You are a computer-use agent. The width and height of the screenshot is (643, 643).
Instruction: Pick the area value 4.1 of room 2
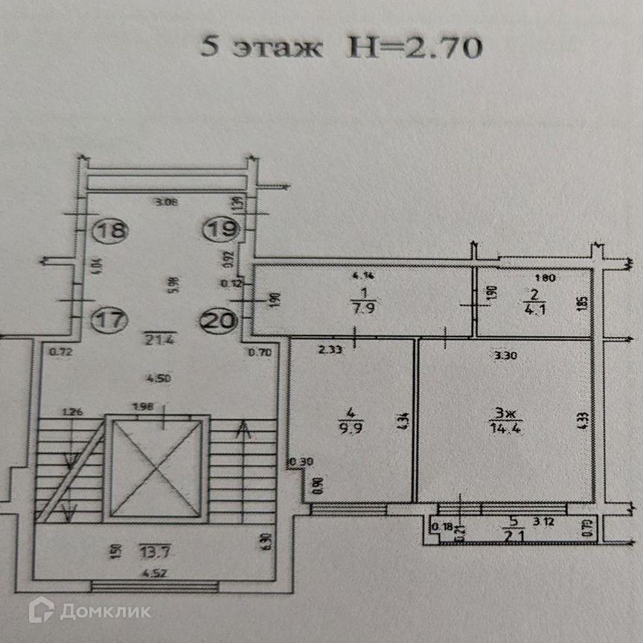(x=531, y=310)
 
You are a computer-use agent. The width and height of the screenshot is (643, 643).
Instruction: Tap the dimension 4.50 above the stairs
(x=156, y=378)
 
